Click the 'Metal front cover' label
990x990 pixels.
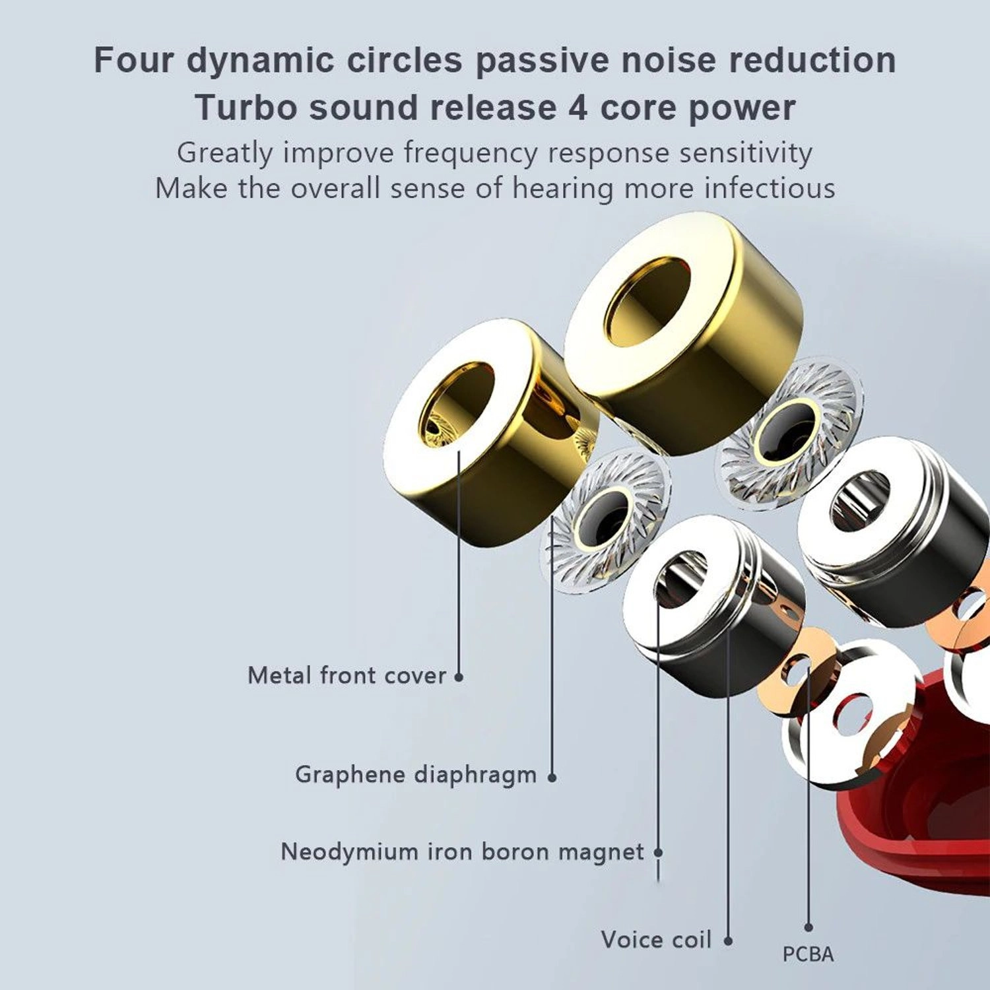[x=346, y=675]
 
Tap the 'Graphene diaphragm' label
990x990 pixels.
[x=415, y=774]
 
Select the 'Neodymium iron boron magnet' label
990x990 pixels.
[x=462, y=852]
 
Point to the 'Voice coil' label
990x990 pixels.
[x=656, y=940]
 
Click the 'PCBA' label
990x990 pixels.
[x=808, y=954]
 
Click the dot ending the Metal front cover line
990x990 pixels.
[x=459, y=676]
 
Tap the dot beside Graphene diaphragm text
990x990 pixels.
[x=552, y=777]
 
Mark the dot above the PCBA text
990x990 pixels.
[x=808, y=927]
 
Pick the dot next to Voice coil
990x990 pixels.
[x=728, y=941]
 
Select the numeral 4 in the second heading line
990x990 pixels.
[x=577, y=108]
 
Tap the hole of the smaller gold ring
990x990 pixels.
[x=455, y=402]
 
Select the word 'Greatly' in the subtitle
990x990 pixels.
[x=224, y=153]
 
